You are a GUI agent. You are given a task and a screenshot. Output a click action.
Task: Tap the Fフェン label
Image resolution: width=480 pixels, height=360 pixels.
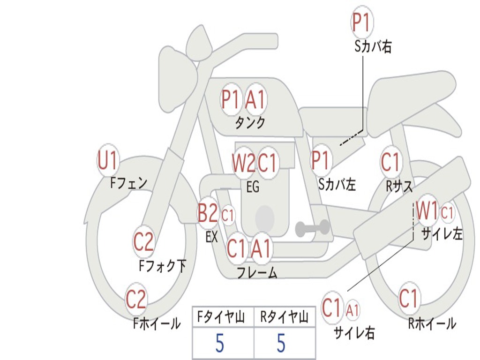[128, 183]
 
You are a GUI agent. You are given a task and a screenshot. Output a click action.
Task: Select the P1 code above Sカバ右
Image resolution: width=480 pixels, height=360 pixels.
[362, 22]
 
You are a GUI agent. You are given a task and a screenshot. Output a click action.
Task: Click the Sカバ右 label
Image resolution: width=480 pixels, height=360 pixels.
[373, 47]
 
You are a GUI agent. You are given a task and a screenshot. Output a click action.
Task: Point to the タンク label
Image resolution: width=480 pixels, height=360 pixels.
[250, 122]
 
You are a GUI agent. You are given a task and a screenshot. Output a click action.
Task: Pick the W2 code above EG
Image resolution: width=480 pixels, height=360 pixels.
[243, 163]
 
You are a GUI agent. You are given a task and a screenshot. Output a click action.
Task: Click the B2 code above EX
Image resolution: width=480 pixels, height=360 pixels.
[208, 212]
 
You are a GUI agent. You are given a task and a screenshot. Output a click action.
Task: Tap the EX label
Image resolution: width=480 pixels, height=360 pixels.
[212, 237]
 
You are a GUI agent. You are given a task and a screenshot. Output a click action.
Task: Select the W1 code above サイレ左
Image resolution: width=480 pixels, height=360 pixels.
[427, 211]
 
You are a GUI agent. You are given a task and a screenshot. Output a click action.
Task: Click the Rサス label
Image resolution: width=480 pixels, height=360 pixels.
[399, 186]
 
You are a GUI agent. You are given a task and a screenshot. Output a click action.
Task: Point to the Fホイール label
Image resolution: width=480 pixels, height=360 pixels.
[157, 323]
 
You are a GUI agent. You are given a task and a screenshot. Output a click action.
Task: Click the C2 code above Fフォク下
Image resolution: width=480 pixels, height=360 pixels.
[143, 241]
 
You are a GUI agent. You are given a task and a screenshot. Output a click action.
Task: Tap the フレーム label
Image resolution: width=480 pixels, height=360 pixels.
[257, 272]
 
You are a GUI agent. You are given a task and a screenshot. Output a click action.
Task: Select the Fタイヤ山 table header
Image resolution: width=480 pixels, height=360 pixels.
[221, 317]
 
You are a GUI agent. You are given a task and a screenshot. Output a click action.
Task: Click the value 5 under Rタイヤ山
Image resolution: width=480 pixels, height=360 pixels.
[281, 343]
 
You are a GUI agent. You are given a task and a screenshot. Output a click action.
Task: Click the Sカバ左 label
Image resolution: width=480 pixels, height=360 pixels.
[337, 185]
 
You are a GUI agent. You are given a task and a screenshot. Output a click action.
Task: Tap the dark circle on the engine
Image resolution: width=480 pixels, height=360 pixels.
[265, 218]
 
